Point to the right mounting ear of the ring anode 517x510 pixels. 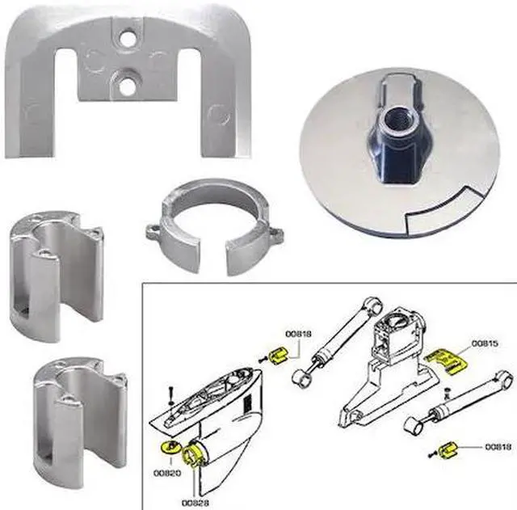click(275, 236)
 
